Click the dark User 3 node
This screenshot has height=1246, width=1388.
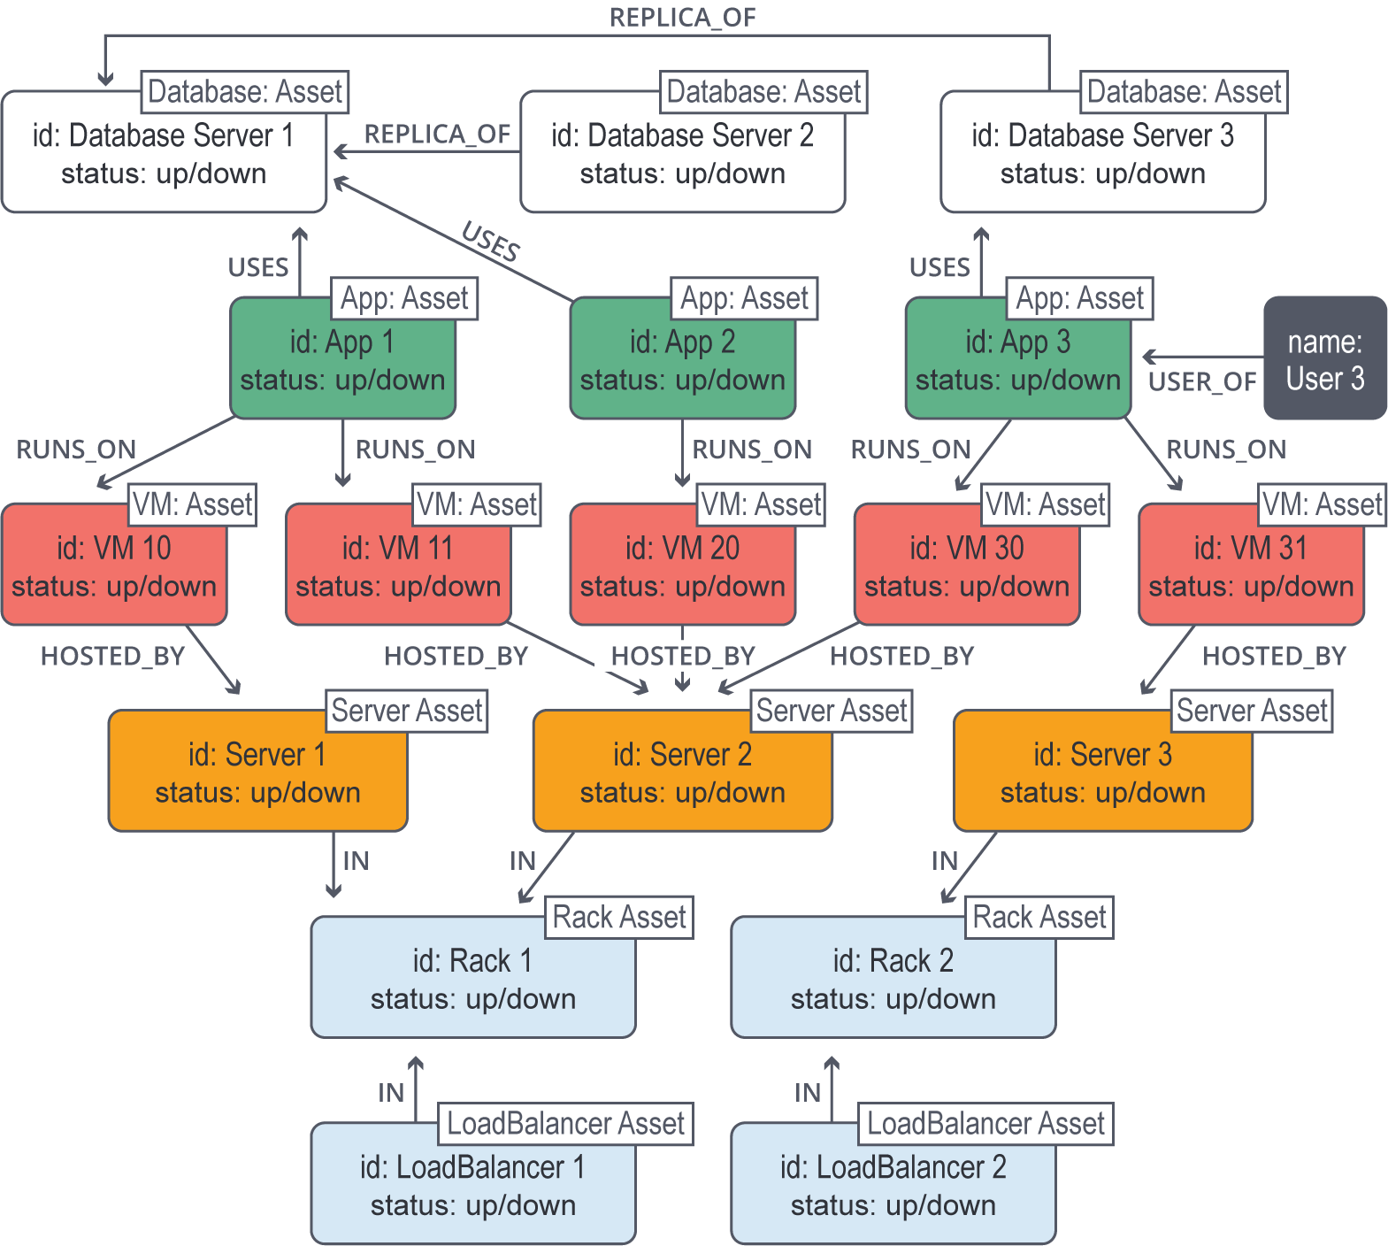click(x=1324, y=358)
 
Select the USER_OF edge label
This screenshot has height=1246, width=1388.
click(x=1201, y=382)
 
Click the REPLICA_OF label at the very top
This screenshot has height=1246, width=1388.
click(x=682, y=18)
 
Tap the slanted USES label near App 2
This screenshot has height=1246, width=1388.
click(x=491, y=242)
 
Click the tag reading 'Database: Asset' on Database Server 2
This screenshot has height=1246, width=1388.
click(x=763, y=92)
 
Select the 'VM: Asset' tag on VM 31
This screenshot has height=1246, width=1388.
click(x=1322, y=504)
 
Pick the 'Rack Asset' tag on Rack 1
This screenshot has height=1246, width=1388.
click(x=619, y=918)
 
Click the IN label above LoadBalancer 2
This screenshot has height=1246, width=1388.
click(x=807, y=1093)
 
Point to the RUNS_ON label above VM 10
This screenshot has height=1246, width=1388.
click(x=76, y=450)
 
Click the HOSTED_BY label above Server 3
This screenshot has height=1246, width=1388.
click(x=1274, y=656)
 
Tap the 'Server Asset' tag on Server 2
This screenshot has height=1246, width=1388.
click(x=832, y=711)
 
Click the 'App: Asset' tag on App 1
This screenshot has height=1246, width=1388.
click(x=404, y=299)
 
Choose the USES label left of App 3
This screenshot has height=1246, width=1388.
click(x=939, y=267)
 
